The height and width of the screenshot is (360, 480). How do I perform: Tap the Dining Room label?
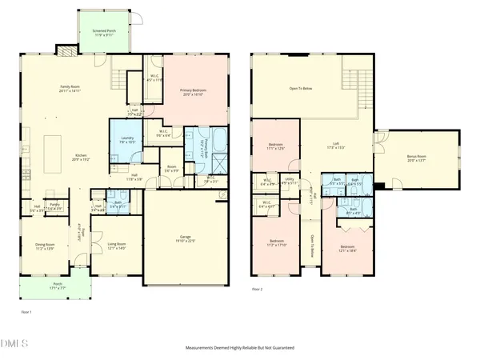(x=44, y=246)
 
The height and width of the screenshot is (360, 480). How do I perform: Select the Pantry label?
(x=55, y=206)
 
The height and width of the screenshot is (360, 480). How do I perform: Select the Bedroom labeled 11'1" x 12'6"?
(x=275, y=146)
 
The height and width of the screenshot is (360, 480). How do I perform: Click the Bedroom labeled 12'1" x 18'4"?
(x=346, y=249)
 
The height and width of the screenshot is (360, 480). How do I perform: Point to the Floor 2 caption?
(x=257, y=289)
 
